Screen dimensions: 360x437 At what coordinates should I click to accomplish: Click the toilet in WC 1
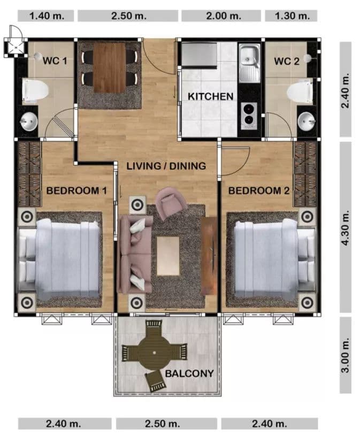pos(35,90)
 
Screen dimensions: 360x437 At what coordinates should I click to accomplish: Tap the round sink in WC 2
pos(307,121)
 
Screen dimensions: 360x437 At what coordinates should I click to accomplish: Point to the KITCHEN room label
pos(210,96)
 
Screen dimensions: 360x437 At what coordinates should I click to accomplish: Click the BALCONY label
pos(189,373)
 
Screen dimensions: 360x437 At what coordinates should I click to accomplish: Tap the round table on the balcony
pos(155,352)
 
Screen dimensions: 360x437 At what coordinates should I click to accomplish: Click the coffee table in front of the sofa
pos(168,256)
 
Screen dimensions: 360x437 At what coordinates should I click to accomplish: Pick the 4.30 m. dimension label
pos(345,228)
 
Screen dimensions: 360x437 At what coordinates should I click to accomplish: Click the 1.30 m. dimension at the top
pos(292,16)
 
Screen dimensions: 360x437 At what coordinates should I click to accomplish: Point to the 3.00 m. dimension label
pos(345,355)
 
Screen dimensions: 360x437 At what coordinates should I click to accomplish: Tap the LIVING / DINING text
pos(166,166)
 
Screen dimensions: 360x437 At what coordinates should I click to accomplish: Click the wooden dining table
pos(110,67)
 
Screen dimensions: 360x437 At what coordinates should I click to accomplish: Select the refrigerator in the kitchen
pos(199,55)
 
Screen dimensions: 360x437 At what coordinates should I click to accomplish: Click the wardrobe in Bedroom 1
pos(29,174)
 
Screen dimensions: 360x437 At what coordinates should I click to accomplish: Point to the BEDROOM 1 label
pos(76,190)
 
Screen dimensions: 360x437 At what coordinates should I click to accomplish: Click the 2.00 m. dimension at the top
pos(224,16)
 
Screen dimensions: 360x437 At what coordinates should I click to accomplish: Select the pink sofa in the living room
pos(135,254)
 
